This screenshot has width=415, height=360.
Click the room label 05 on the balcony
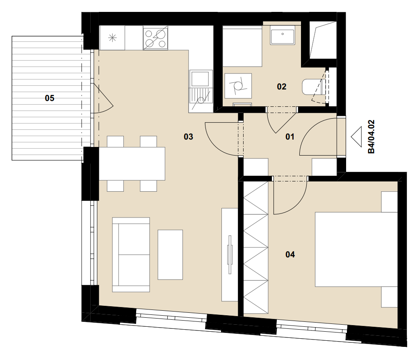[50, 98]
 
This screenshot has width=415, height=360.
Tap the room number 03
[189, 137]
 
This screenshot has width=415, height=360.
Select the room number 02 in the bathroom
[282, 87]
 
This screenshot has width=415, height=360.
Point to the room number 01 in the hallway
[290, 137]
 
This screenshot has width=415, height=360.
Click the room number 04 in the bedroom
[290, 255]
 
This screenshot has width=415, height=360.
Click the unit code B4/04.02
[372, 137]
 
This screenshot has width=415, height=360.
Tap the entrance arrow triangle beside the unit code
[356, 137]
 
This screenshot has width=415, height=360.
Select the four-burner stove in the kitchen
[155, 38]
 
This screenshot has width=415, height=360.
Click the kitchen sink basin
[201, 79]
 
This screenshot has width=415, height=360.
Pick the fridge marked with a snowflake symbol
[112, 38]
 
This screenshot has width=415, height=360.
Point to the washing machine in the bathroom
[238, 85]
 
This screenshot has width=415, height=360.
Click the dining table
[132, 164]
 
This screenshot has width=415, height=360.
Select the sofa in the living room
[131, 255]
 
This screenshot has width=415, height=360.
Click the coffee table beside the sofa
[170, 255]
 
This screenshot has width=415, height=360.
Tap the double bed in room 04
[356, 249]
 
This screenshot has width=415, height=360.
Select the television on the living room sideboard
[230, 255]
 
